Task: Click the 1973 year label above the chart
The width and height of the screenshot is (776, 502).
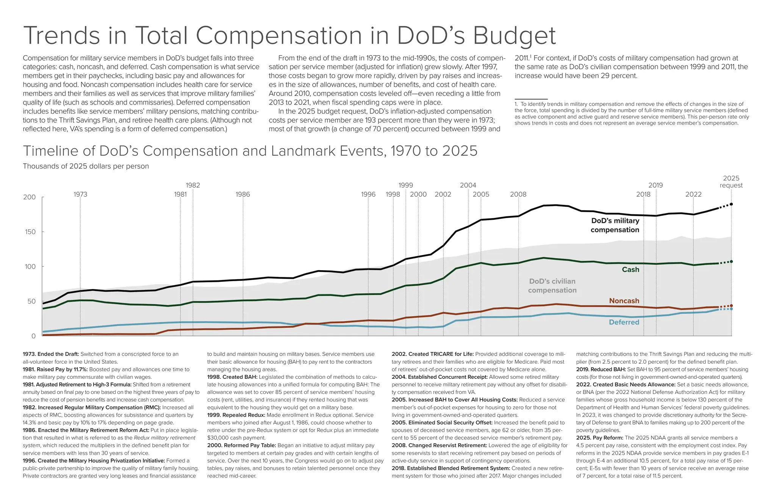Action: point(80,194)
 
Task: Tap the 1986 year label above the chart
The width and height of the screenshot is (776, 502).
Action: point(242,194)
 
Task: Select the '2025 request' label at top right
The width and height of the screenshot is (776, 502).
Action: point(731,182)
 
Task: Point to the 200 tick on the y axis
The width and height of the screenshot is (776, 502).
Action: point(29,197)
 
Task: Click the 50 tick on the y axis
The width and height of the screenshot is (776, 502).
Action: point(31,301)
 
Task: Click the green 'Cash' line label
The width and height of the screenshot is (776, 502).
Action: point(630,269)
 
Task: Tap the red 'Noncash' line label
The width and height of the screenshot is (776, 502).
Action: point(624,300)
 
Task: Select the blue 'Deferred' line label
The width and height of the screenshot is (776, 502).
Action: point(624,322)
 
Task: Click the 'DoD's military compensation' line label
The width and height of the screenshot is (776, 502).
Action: point(615,225)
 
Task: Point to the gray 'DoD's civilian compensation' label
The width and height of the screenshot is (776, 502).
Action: point(552,286)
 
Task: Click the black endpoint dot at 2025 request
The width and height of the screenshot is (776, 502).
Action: point(731,204)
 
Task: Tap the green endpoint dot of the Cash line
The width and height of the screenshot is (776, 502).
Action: point(731,261)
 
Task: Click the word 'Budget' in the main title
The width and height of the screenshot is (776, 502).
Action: point(514,36)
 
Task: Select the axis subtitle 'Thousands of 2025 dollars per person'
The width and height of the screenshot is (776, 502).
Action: point(86,166)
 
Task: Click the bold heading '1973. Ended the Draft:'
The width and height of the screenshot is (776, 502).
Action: point(51,354)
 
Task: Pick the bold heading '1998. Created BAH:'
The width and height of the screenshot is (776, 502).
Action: point(232,377)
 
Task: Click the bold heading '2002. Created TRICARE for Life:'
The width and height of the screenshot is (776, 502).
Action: point(432,354)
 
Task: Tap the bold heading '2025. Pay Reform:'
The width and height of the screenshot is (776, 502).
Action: point(599,438)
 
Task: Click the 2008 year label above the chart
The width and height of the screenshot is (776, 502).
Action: point(518,194)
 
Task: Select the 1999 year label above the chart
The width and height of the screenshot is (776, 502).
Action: point(405,185)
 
